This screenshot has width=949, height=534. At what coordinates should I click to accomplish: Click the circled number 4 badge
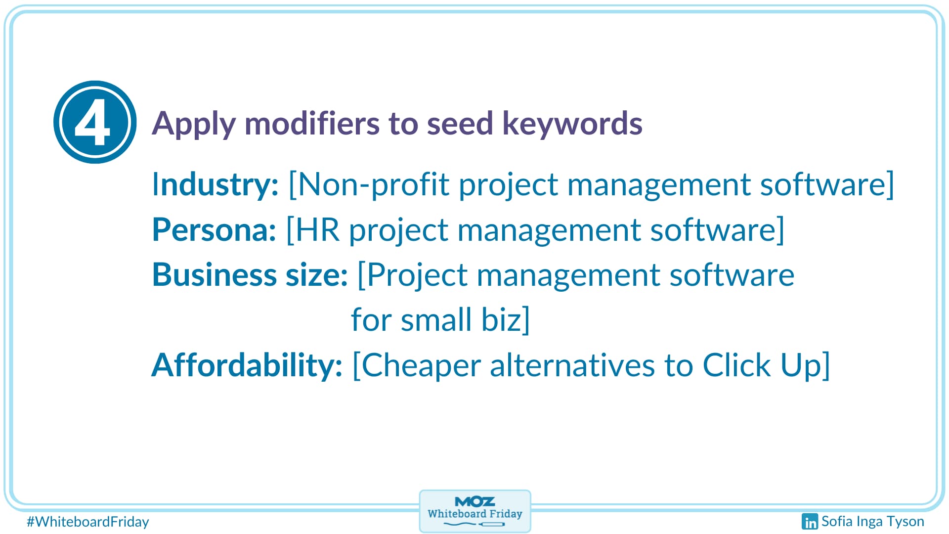(x=95, y=122)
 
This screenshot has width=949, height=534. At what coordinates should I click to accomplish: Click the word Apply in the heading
(x=193, y=124)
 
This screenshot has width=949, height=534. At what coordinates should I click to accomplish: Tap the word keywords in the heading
(x=572, y=124)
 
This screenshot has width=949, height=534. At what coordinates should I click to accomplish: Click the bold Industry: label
(x=215, y=184)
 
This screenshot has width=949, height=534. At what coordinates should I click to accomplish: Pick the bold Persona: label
(x=214, y=230)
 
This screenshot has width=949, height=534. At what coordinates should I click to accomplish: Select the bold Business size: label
(x=250, y=275)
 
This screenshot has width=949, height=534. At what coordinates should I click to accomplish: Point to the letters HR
(x=318, y=230)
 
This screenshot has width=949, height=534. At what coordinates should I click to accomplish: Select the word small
(x=436, y=319)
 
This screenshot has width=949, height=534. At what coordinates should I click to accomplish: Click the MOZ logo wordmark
(x=474, y=501)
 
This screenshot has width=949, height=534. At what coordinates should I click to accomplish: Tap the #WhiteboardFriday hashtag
(x=87, y=522)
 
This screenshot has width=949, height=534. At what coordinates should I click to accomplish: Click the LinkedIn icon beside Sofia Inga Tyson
(x=810, y=521)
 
